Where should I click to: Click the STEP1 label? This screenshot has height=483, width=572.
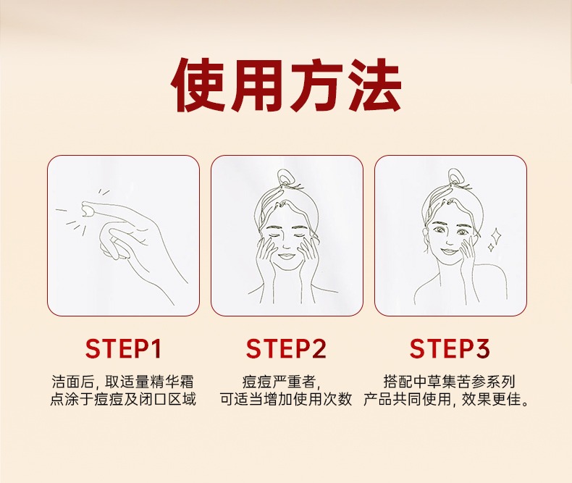[x=123, y=348]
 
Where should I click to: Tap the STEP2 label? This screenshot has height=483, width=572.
[x=287, y=348]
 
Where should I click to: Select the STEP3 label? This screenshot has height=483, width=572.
[x=450, y=348]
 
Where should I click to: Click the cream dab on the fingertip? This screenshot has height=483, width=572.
[x=87, y=211]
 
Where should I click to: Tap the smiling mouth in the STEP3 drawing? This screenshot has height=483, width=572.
[x=448, y=252]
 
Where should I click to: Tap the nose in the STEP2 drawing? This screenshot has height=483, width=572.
[x=286, y=245]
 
